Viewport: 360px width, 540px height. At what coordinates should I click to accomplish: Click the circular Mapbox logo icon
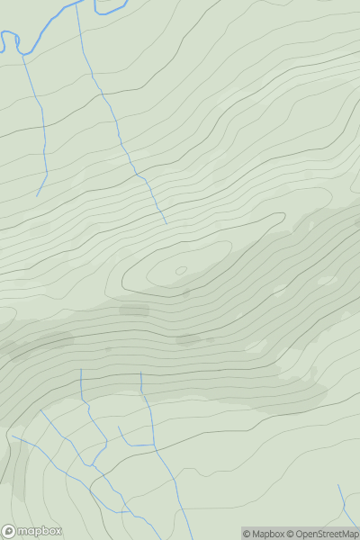[10, 531]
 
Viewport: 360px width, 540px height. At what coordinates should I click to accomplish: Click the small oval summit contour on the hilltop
[180, 270]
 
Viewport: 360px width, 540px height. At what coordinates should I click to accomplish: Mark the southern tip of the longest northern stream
[166, 223]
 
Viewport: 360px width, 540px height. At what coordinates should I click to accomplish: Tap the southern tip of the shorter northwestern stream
[37, 196]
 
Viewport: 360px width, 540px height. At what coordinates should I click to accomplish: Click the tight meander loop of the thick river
[12, 40]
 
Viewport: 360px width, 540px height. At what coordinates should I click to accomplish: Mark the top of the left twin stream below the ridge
[81, 369]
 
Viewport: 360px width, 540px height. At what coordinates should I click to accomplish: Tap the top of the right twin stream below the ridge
[140, 372]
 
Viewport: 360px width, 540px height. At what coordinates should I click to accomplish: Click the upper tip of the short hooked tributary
[120, 427]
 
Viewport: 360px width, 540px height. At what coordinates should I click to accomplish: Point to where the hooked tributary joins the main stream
[154, 444]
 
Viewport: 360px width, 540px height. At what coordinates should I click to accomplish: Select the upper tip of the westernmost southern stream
[12, 437]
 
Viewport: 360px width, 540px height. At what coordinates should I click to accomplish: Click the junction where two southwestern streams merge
[94, 466]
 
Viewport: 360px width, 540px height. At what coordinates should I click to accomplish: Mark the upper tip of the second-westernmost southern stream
[40, 410]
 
